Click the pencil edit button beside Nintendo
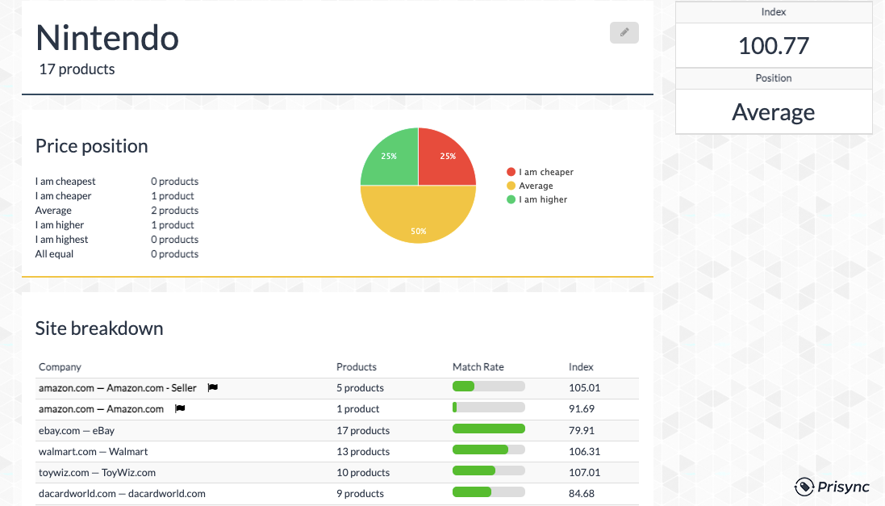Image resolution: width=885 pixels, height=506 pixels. coord(624,32)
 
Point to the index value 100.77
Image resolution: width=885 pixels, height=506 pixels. coord(773,45)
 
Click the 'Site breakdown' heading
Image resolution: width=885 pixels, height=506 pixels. coord(99,328)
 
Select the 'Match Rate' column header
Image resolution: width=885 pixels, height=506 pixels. coord(478,367)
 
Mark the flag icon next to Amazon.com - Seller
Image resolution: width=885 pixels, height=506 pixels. coord(212,387)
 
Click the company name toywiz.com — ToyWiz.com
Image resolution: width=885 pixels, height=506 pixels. coord(97,472)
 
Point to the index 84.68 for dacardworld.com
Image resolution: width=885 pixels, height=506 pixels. coord(581,493)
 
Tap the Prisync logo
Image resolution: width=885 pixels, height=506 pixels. coord(833,487)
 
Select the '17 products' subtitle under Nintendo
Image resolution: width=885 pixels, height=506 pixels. coord(77,69)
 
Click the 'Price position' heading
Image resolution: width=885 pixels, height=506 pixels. coord(91,146)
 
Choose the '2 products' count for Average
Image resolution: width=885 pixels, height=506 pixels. coord(174,211)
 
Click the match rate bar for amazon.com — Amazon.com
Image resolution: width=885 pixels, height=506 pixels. coord(488,408)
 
